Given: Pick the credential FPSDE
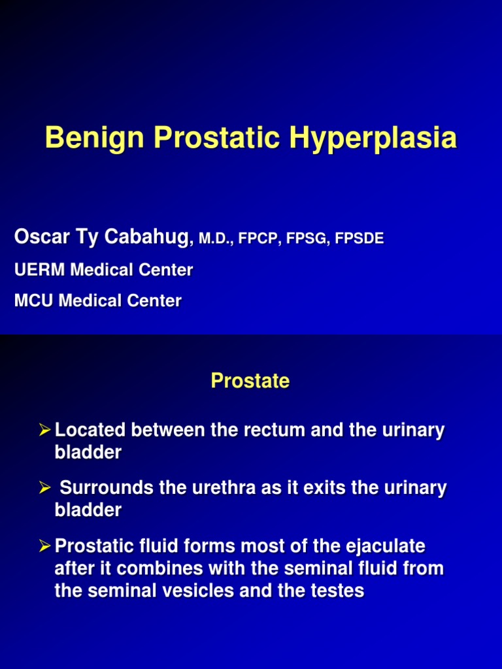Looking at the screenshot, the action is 359,238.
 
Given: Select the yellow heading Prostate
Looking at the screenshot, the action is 250,381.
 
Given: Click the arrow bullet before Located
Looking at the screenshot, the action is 44,430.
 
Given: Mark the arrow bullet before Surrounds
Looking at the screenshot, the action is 44,487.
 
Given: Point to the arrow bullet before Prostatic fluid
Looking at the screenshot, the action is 44,546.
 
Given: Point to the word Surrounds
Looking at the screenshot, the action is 107,487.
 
